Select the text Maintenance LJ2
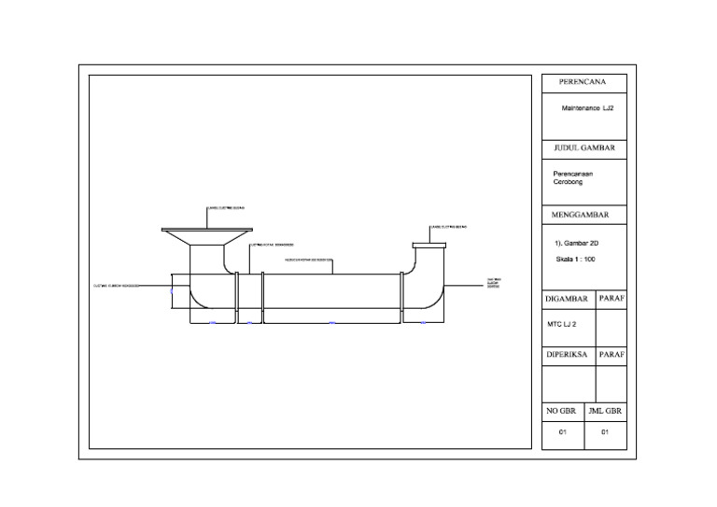(587, 108)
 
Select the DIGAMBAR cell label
(568, 299)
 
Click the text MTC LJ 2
(562, 324)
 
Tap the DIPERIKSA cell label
(568, 355)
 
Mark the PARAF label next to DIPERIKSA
(611, 355)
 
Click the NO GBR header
(562, 411)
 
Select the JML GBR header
(605, 411)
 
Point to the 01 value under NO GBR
(562, 432)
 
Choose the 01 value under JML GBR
(605, 432)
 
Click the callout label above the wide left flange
(225, 208)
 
